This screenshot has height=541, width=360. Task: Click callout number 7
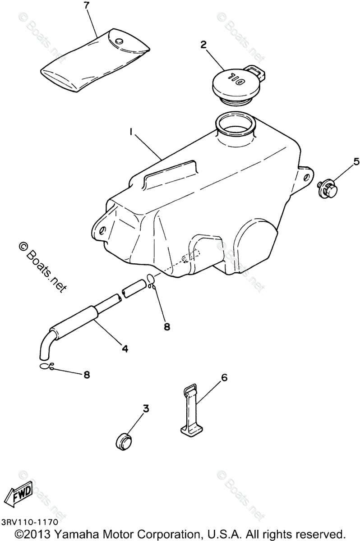pos(87,7)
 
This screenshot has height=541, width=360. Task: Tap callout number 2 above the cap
pos(203,44)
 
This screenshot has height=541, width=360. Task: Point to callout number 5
pos(356,161)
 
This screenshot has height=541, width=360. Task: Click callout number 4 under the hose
pos(124,348)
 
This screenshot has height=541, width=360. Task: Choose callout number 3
pos(146,408)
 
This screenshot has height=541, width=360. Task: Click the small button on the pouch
pos(119,41)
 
